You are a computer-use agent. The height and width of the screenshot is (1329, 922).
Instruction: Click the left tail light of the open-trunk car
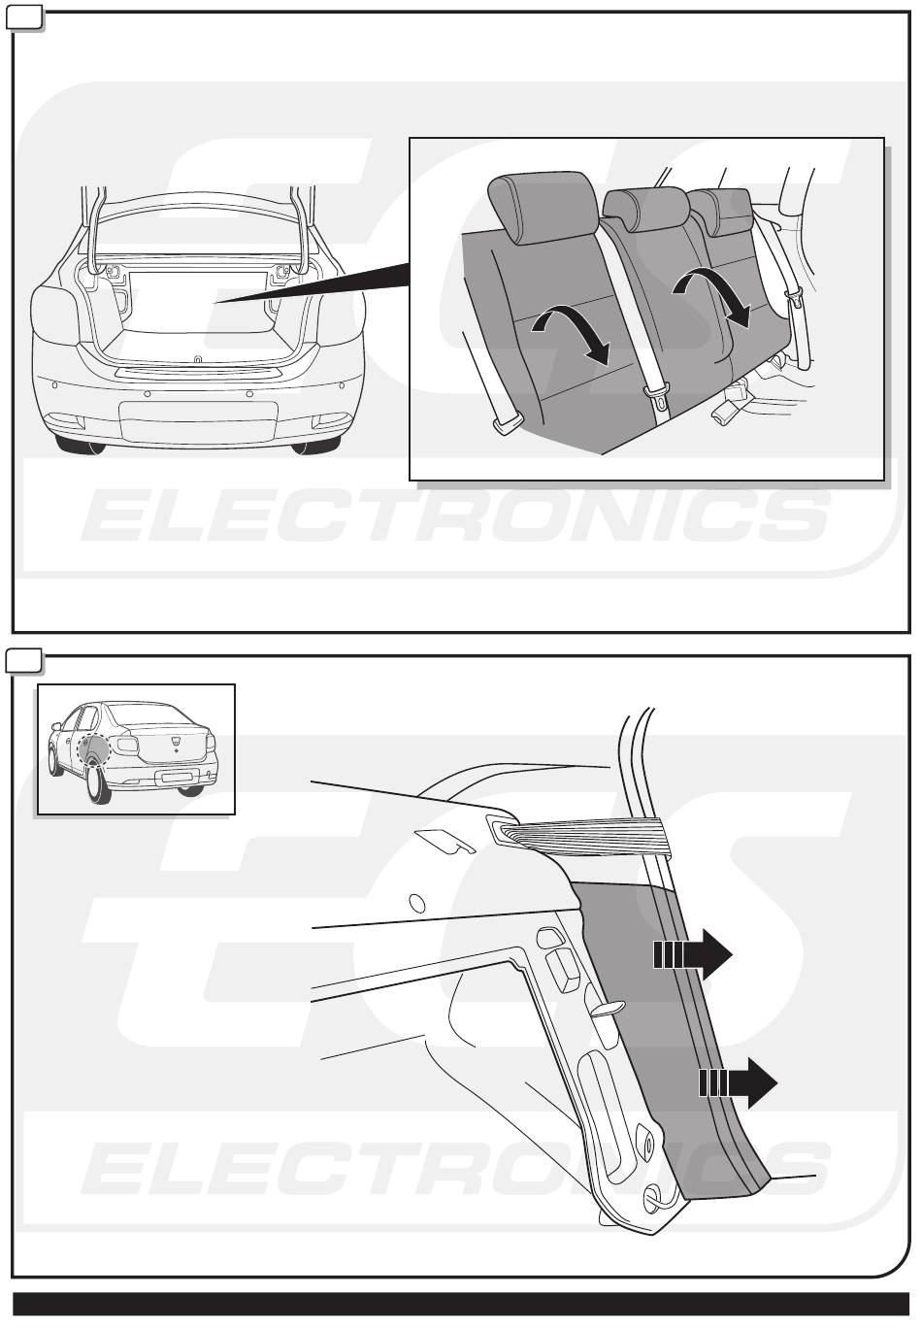point(55,314)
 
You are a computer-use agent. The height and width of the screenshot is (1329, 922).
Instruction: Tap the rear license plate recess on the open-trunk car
point(198,421)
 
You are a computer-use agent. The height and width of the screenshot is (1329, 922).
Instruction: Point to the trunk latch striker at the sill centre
point(197,358)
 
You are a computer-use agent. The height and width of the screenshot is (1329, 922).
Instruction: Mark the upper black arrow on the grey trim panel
point(692,954)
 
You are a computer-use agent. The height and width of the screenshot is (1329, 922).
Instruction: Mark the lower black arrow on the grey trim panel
point(738,1082)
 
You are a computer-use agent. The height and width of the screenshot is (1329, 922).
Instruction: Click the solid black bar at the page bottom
point(461,1304)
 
